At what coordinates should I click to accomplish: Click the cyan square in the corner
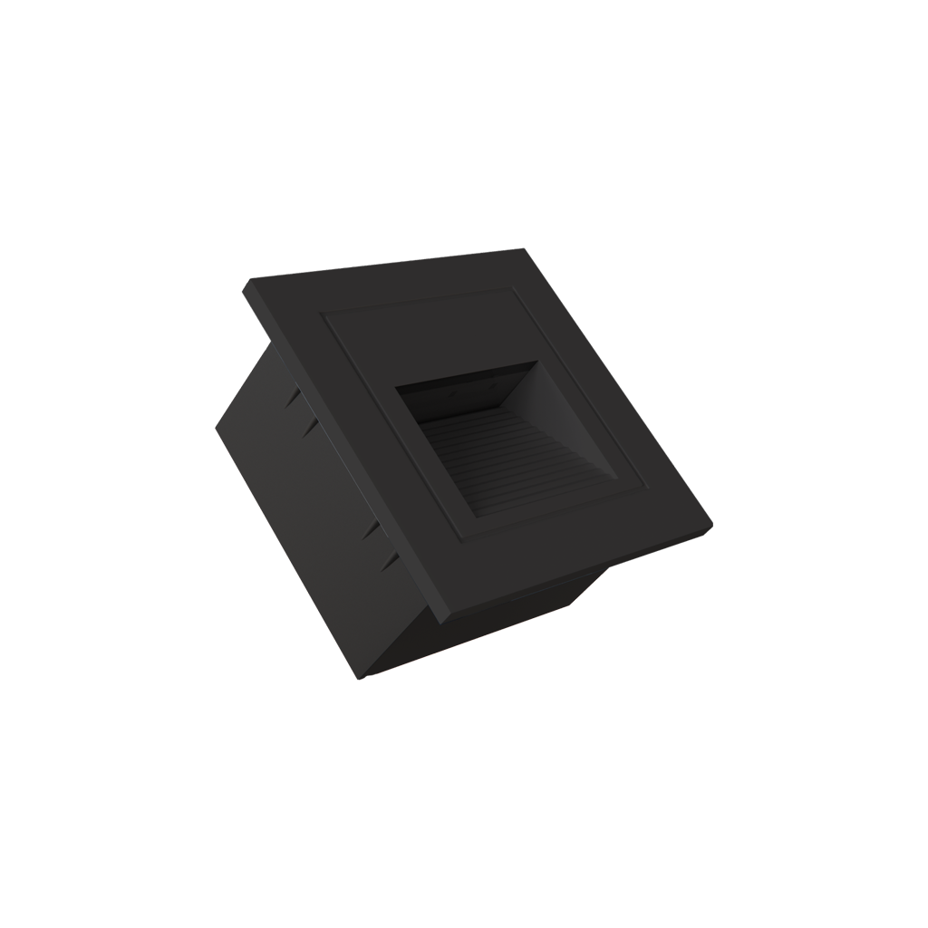click(x=232, y=265)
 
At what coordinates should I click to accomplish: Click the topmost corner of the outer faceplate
click(x=520, y=250)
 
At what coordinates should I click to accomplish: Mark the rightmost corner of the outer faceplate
click(x=711, y=527)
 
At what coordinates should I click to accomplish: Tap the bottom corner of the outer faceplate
click(x=444, y=623)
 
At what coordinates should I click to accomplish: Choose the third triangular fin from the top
click(x=371, y=530)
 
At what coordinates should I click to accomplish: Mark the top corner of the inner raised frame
click(x=515, y=289)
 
